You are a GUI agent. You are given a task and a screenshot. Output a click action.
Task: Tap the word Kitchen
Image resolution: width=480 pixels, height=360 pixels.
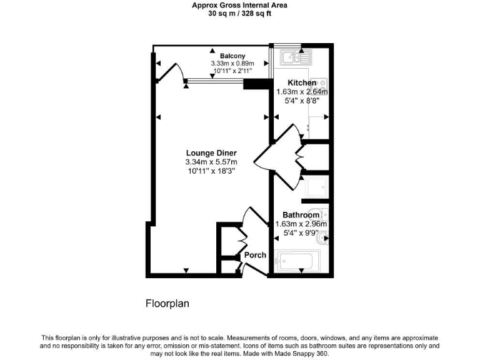302,83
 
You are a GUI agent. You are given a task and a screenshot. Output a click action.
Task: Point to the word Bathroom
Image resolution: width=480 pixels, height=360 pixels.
301,215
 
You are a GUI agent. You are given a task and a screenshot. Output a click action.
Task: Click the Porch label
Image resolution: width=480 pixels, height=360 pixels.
255,255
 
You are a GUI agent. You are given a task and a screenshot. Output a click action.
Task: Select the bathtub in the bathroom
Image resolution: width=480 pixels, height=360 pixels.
299,261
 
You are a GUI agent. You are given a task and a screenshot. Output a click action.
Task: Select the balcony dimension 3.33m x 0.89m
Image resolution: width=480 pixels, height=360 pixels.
232,64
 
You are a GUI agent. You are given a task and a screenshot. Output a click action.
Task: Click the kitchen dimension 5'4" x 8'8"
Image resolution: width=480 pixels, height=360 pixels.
302,101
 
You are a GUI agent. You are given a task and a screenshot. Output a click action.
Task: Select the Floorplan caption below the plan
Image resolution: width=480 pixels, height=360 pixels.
167,304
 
